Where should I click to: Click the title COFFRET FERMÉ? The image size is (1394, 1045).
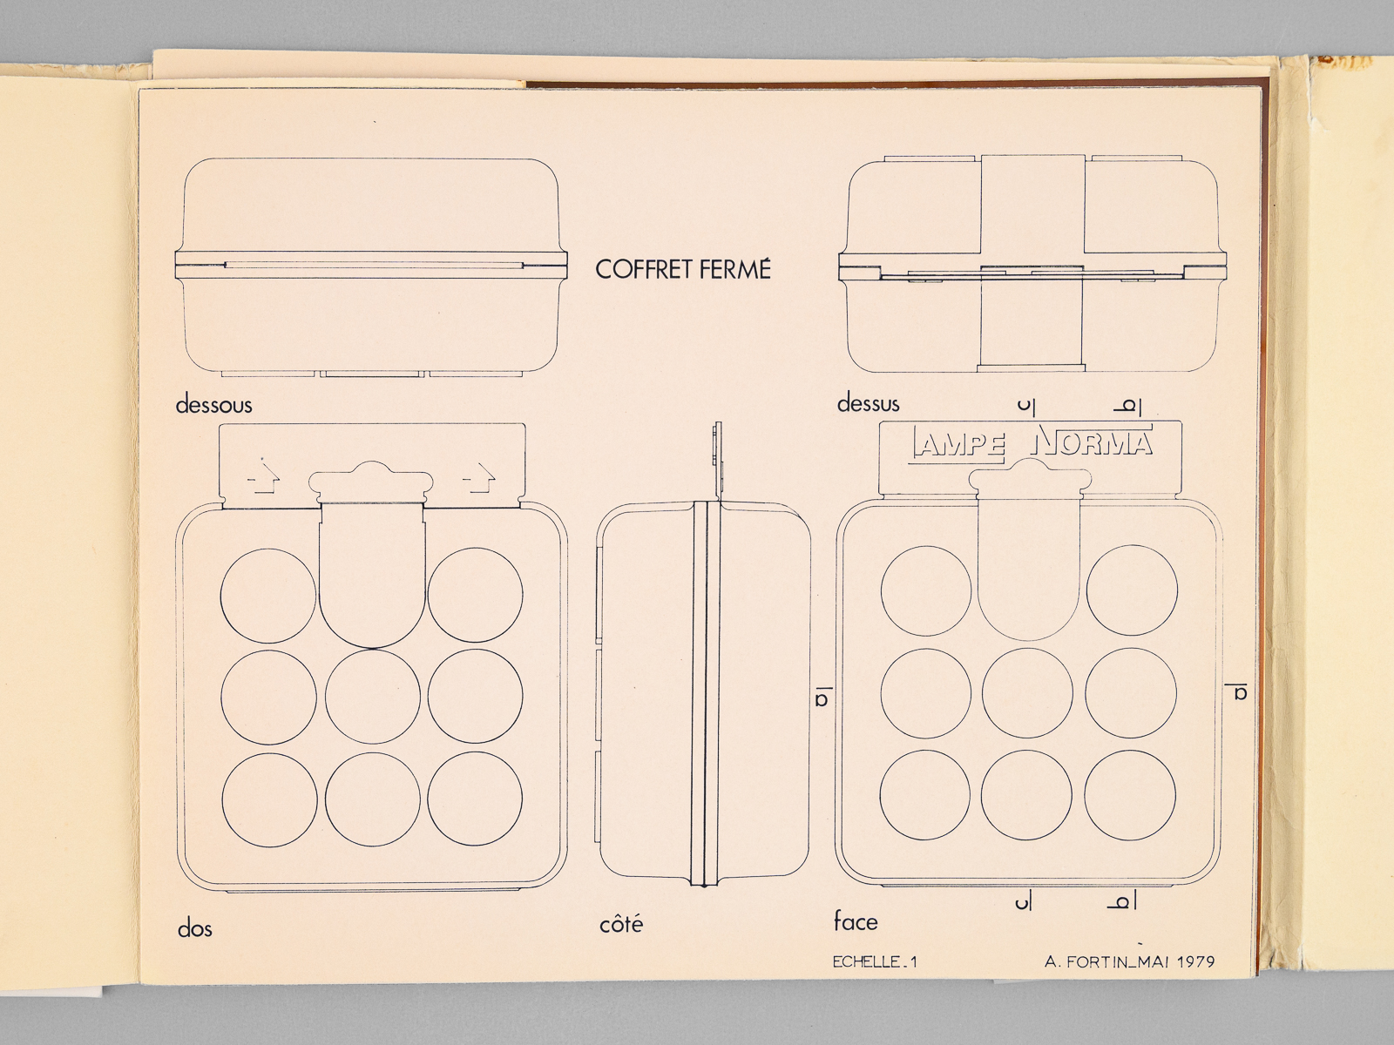683,269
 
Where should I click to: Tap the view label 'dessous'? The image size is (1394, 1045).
214,405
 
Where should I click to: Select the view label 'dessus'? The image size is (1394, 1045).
868,403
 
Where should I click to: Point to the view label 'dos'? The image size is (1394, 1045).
195,929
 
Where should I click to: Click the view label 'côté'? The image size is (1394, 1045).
621,924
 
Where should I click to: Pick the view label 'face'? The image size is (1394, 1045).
856,921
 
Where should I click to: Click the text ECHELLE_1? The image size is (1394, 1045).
875,962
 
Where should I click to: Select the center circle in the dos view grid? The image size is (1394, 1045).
372,696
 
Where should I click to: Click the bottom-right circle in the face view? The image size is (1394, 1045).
1130,795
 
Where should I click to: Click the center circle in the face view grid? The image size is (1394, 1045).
1027,693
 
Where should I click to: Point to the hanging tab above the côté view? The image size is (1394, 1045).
718,461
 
